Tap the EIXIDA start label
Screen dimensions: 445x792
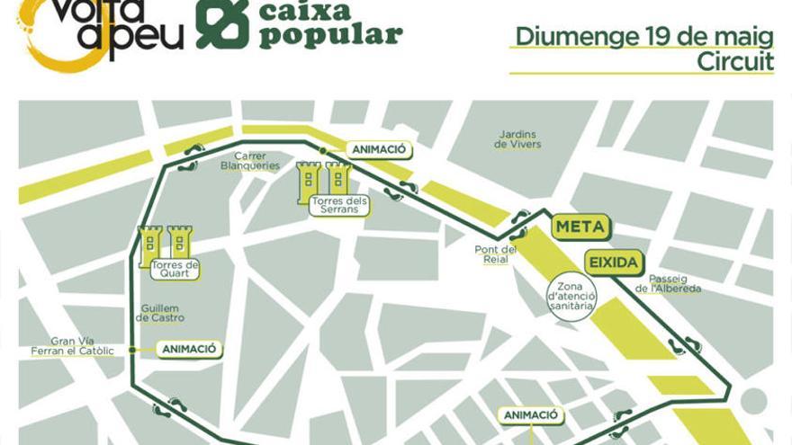tap(614, 263)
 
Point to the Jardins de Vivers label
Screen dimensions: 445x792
tap(517, 139)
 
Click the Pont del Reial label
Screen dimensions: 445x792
tap(496, 254)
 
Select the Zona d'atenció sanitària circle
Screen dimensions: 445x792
tap(571, 294)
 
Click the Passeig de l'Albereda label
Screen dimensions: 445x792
tap(668, 284)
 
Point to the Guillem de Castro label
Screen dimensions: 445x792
tap(162, 313)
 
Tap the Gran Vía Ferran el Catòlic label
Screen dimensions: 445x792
tap(83, 346)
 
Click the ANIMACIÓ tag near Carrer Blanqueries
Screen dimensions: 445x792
tap(379, 150)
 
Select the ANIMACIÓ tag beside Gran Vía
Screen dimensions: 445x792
tap(190, 349)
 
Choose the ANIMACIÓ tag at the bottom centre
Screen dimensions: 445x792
tap(531, 415)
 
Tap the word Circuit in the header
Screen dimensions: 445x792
tap(735, 61)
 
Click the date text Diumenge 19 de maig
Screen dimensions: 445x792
tap(643, 37)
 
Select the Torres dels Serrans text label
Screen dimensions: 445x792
tap(338, 205)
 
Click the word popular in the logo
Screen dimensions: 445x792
tap(330, 36)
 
